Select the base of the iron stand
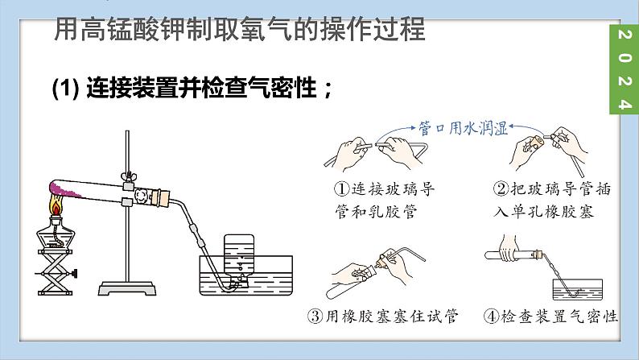(127, 288)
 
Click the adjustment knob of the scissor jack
(74, 273)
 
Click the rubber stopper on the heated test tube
(163, 198)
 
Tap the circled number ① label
(342, 188)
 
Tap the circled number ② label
(501, 188)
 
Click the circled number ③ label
(315, 316)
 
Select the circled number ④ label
(491, 316)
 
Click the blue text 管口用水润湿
(464, 128)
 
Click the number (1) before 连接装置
(65, 88)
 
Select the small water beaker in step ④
(578, 289)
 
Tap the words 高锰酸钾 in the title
(134, 29)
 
